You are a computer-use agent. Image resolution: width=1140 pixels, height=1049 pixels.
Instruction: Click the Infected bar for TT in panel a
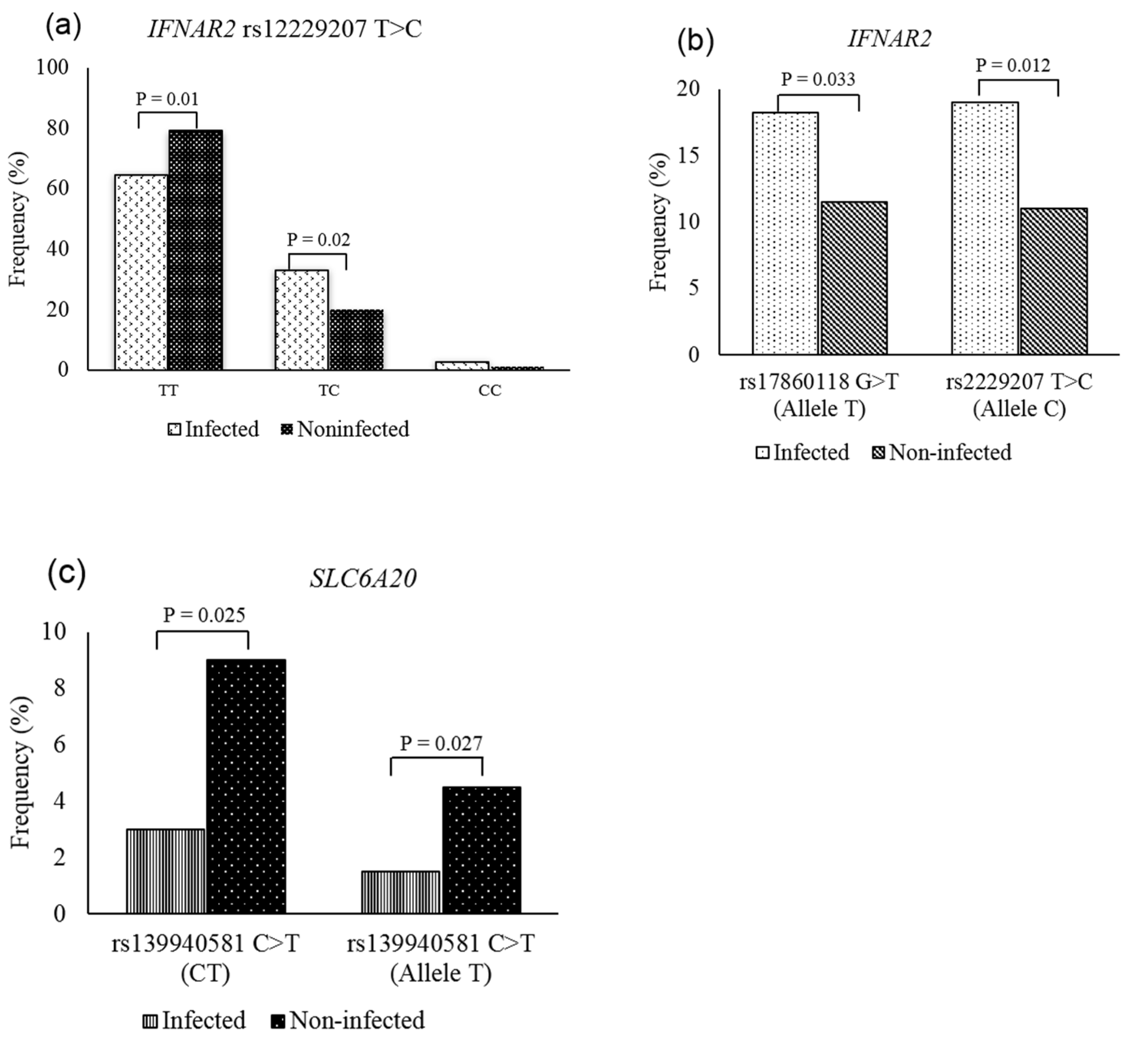pos(141,273)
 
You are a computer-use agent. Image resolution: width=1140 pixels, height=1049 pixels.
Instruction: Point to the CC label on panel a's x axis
pos(489,390)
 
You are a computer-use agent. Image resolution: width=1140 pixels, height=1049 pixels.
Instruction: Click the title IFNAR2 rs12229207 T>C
pos(285,29)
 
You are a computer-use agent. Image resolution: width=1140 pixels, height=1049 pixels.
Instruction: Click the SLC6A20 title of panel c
pos(363,578)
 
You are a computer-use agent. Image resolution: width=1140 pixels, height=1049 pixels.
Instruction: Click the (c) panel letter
pos(66,573)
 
